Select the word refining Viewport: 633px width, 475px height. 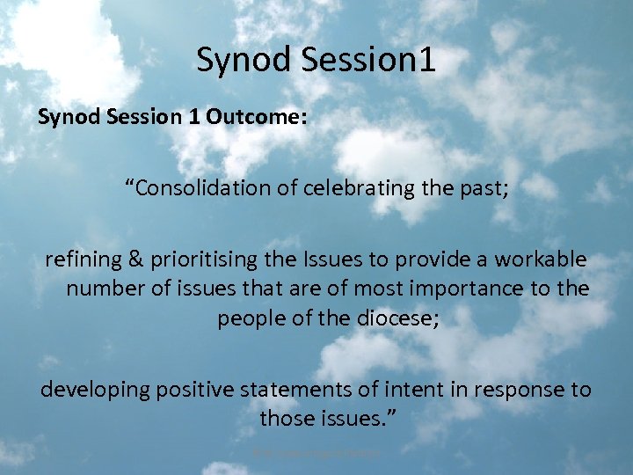click(x=80, y=260)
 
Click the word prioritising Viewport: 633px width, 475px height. click(x=203, y=260)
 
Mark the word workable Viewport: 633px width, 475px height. click(x=544, y=260)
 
